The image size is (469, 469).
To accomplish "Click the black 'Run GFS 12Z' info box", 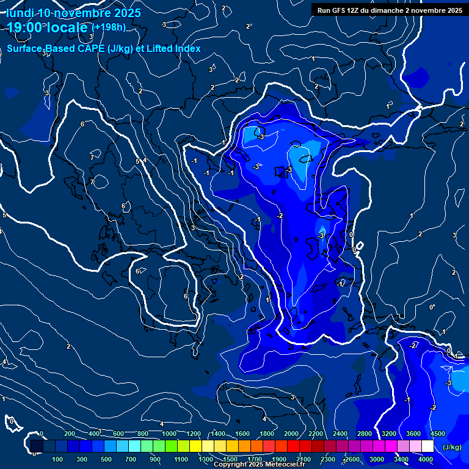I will point(390,10).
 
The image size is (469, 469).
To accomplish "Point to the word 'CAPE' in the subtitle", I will point(91,49).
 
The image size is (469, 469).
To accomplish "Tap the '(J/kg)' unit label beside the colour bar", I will point(452,448).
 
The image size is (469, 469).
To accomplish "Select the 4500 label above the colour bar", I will point(437,434).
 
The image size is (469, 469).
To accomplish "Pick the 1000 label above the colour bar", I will point(169,434).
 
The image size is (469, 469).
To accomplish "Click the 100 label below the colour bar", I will point(58,459).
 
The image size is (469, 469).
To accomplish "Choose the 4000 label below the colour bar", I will point(426,459).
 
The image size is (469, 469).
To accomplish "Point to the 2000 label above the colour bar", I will point(291,434).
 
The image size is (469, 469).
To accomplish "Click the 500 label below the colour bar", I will point(107,459).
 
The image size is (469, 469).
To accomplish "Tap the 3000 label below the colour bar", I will point(377,459).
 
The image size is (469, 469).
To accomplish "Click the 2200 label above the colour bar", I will point(316,434).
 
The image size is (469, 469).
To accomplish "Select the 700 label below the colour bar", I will point(131,459).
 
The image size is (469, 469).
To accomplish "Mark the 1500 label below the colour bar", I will point(230,459).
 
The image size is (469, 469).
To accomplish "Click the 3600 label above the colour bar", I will point(413,434).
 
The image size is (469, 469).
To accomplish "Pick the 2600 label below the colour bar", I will point(352,459).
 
